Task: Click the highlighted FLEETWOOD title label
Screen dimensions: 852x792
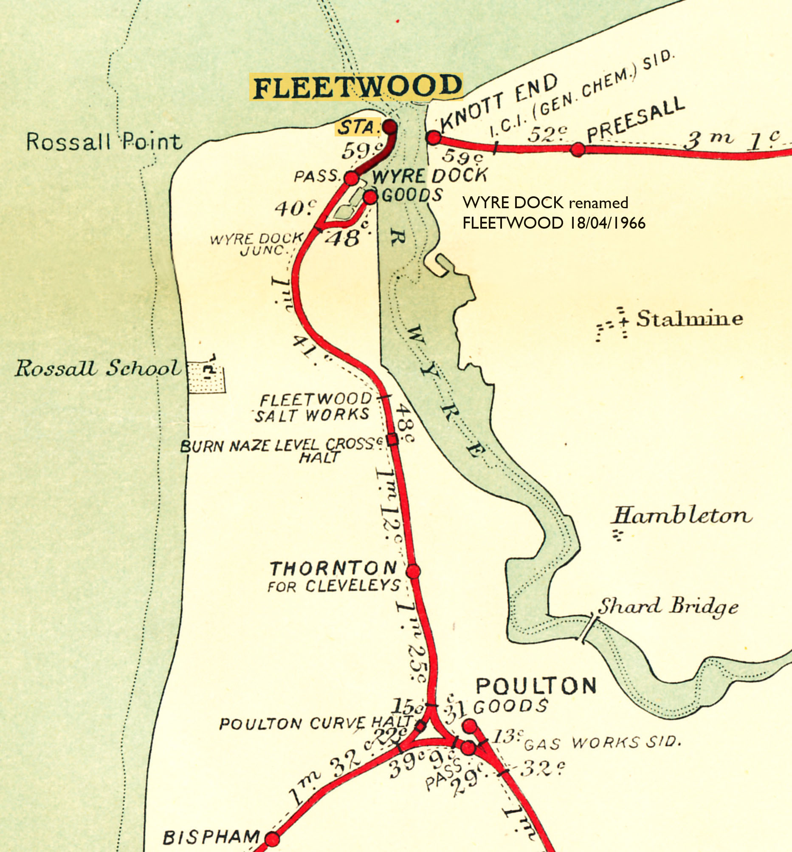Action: click(356, 87)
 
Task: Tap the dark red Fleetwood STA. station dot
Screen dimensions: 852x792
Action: click(389, 127)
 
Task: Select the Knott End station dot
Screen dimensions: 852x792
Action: click(434, 138)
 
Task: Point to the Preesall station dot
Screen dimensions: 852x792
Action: click(578, 149)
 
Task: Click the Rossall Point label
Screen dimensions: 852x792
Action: click(104, 142)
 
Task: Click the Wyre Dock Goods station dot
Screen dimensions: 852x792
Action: click(370, 197)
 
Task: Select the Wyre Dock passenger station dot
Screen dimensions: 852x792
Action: click(351, 178)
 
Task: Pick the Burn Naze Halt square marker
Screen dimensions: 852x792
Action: click(392, 440)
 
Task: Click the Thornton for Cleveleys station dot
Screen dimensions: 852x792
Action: click(413, 571)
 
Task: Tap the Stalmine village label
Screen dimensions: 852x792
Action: click(689, 319)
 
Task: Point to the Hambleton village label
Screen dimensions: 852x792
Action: click(682, 515)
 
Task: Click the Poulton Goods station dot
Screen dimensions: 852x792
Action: click(470, 725)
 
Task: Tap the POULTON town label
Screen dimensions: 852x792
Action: click(536, 686)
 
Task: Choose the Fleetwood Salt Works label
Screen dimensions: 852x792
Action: click(314, 407)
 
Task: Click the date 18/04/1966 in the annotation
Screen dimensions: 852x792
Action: click(607, 223)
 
